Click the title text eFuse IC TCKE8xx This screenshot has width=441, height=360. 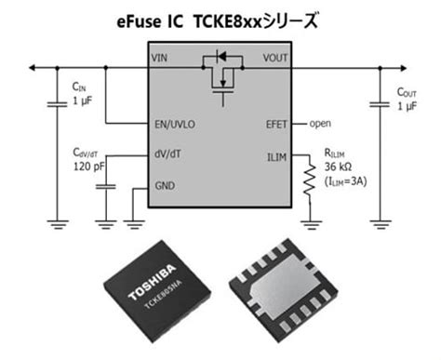pos(220,18)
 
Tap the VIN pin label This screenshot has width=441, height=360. pos(161,58)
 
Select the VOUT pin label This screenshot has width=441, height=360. pos(277,58)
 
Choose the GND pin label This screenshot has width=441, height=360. pos(163,185)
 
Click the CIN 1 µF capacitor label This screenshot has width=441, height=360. pos(81,94)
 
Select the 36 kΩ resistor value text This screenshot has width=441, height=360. pos(341,167)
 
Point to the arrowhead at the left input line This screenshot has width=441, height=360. pos(33,67)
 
